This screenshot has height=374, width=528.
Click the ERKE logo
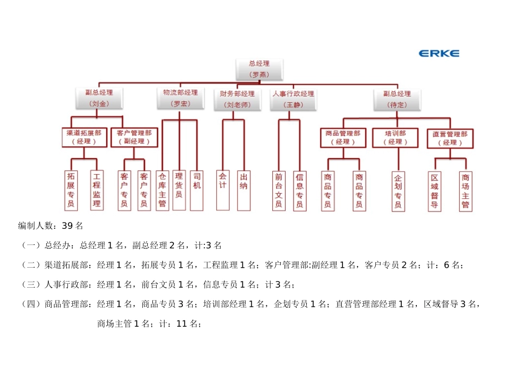(x=439, y=53)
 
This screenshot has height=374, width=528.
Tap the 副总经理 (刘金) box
(x=98, y=99)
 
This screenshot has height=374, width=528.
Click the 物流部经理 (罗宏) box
(x=180, y=98)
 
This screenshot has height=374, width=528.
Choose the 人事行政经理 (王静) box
(x=293, y=99)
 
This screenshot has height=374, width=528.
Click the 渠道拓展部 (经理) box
(x=84, y=137)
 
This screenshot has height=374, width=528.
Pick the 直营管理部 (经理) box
(x=450, y=138)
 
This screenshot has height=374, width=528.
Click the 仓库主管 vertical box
(x=162, y=190)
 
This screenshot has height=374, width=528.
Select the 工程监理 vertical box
(x=97, y=190)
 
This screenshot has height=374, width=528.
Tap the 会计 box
(x=223, y=190)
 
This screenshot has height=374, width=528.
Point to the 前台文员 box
(x=279, y=190)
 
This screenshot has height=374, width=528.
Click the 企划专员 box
(x=398, y=191)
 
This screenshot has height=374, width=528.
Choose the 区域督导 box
(x=435, y=191)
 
